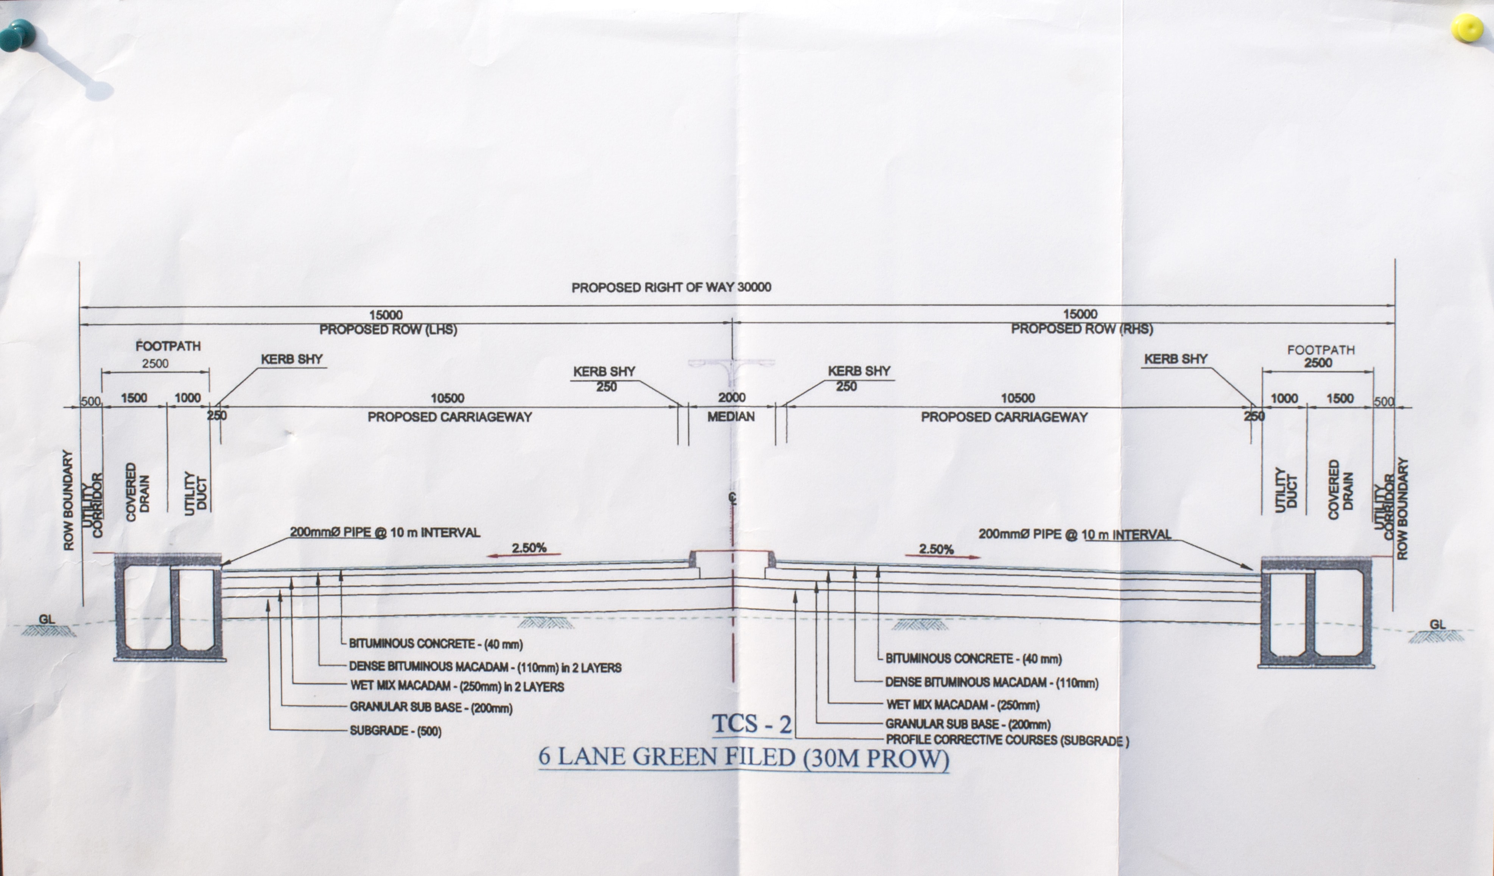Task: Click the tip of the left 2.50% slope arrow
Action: (487, 556)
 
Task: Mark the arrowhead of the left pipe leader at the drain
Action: (223, 564)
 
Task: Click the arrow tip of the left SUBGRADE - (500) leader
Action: (269, 600)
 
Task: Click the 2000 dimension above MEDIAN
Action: (731, 397)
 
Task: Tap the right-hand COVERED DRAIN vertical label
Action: (1340, 490)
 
